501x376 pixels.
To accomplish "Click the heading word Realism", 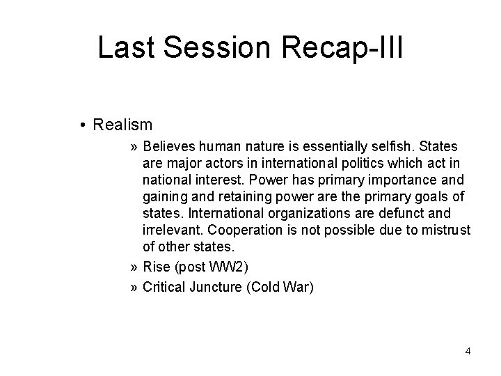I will (x=122, y=125).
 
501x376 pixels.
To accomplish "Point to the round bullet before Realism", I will (x=83, y=126).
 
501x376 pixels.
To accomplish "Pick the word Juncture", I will (x=217, y=286).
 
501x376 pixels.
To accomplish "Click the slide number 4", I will (x=468, y=351).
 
